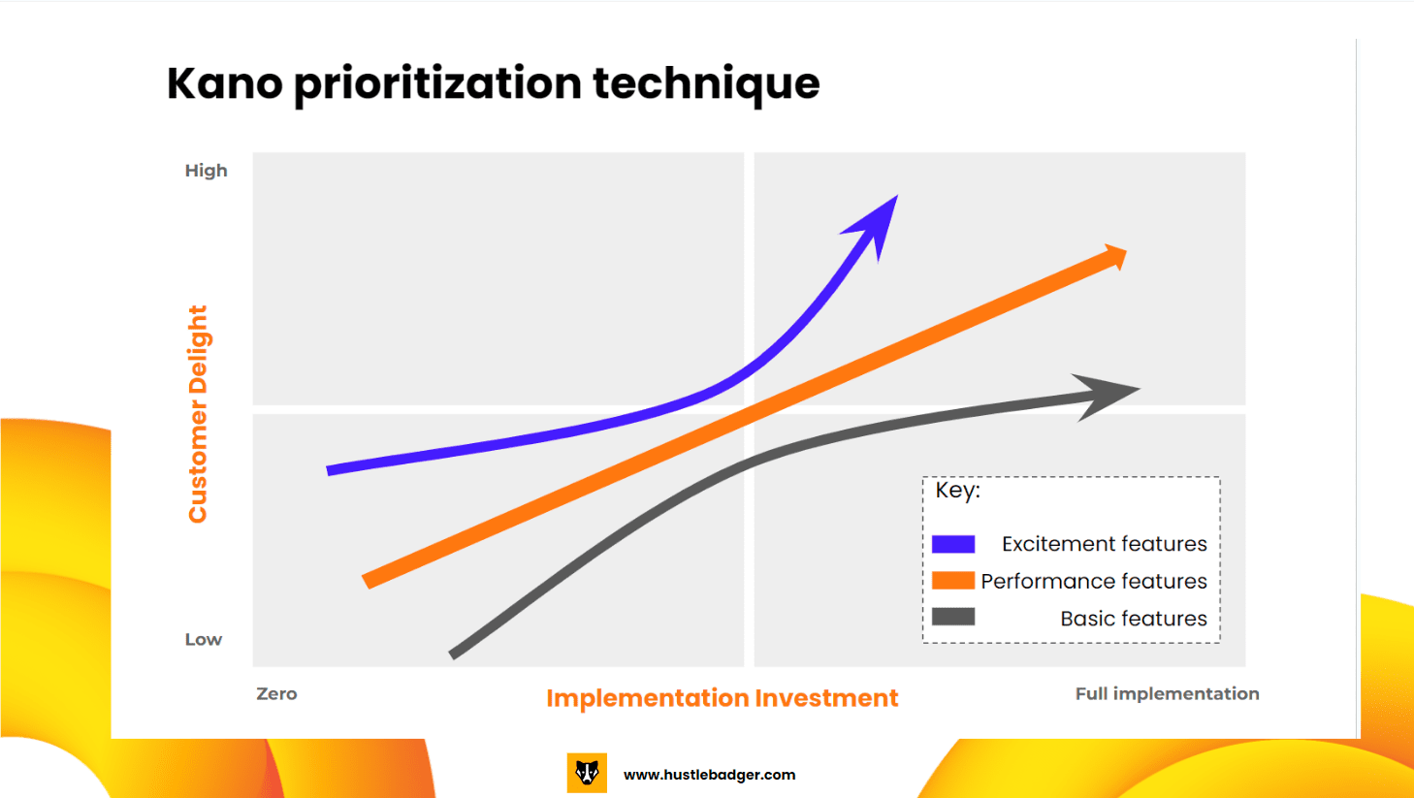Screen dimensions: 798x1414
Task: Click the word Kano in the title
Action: coord(224,83)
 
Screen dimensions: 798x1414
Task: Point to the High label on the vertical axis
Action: coord(206,171)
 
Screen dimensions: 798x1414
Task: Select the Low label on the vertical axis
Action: coord(204,640)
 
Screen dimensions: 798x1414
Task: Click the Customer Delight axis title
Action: coord(198,414)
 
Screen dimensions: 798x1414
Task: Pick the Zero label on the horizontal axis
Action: coord(276,694)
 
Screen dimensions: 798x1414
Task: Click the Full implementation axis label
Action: coord(1167,694)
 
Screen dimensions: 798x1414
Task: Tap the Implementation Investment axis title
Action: coord(722,698)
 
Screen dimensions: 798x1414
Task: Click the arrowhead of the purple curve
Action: coord(877,223)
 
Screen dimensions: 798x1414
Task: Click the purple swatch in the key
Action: coord(952,544)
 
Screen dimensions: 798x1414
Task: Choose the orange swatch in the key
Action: coord(952,581)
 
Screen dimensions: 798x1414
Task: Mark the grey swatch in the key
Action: coord(952,617)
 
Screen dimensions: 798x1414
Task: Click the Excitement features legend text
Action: coord(1104,544)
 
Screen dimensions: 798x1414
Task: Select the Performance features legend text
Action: coord(1093,581)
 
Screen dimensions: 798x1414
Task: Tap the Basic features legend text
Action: coord(1133,619)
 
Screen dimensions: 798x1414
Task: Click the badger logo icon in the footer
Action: coord(587,774)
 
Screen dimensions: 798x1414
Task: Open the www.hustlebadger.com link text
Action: coord(709,775)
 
